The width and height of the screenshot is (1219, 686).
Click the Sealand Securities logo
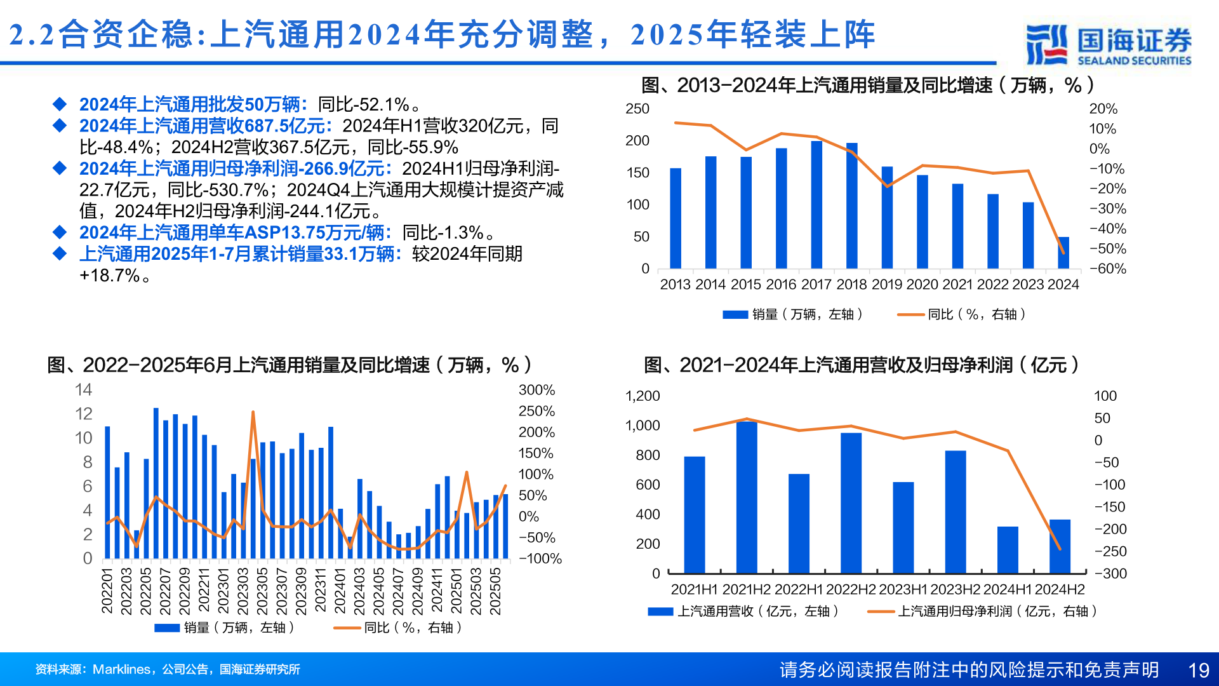point(1109,44)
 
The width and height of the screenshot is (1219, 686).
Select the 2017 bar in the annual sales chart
point(816,205)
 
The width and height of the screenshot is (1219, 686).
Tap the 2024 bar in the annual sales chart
point(1063,253)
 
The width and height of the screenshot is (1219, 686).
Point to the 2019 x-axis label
point(887,285)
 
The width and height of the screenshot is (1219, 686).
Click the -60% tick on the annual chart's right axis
point(1108,269)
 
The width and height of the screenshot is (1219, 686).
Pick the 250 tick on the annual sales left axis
point(637,109)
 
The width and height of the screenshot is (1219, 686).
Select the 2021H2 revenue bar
point(747,497)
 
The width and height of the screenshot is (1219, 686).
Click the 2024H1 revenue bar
point(1008,550)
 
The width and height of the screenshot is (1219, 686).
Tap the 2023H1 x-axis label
point(903,589)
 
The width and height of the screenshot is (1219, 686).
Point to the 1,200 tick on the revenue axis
point(643,396)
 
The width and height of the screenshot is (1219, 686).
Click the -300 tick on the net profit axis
point(1110,574)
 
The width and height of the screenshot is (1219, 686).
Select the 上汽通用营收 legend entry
point(743,611)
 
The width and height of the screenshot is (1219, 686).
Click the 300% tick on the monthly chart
point(536,390)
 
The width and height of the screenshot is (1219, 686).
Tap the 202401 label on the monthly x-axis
point(340,591)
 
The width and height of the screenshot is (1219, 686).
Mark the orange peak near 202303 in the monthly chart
point(253,413)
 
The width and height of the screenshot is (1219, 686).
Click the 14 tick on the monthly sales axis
point(83,390)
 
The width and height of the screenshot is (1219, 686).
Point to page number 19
point(1199,670)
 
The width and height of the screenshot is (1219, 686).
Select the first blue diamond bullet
point(60,104)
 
